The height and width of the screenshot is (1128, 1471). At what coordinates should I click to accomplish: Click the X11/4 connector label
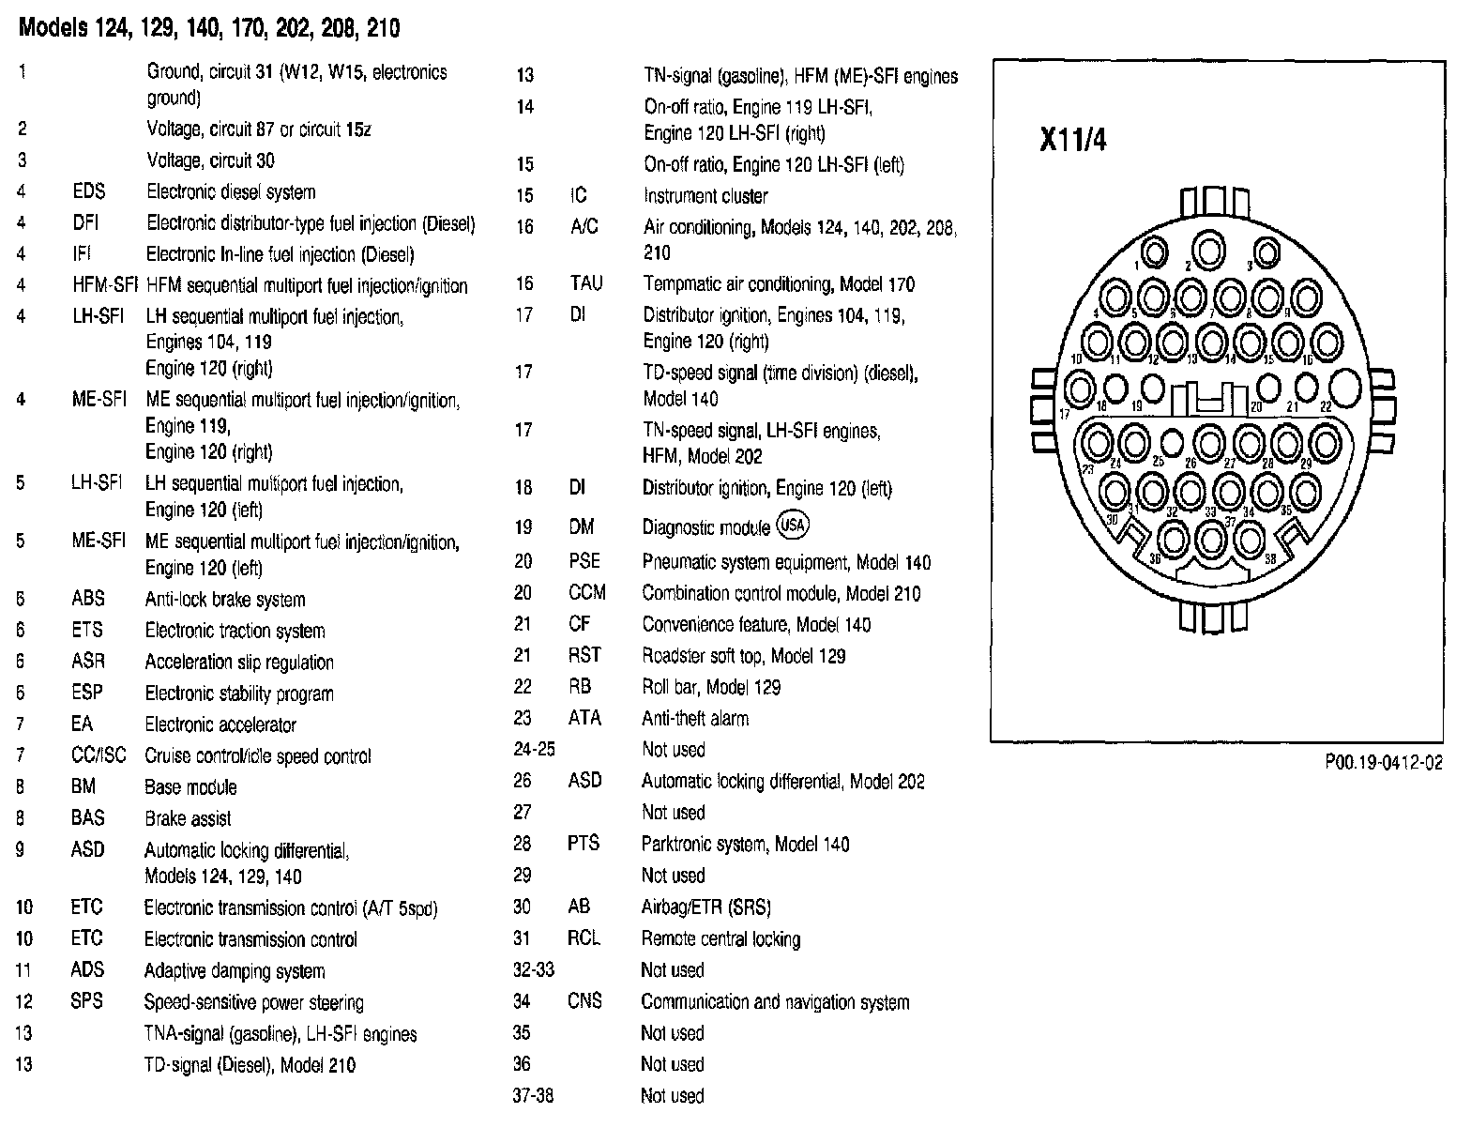point(1072,140)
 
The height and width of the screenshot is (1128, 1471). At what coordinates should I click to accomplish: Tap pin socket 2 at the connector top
point(1210,251)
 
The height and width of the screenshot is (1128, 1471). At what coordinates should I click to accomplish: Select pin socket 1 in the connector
point(1155,252)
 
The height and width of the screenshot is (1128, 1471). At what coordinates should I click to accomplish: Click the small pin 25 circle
point(1172,440)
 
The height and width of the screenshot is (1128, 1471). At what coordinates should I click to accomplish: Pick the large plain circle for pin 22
point(1343,386)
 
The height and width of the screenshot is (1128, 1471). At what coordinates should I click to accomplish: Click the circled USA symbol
point(793,526)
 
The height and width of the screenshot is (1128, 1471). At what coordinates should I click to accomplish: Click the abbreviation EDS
point(89,192)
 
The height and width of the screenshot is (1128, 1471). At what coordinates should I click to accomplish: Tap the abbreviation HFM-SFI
point(99,285)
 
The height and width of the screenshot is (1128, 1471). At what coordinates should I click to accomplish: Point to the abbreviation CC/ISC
point(98,755)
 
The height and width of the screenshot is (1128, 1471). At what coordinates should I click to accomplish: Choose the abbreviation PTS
point(583,844)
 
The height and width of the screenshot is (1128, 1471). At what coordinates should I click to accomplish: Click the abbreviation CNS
point(584,1001)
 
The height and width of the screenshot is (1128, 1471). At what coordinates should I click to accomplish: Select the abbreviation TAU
point(585,283)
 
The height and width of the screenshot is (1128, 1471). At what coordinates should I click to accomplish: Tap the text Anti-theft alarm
point(694,719)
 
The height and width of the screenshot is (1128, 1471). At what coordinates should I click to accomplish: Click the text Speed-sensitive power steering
point(253,1002)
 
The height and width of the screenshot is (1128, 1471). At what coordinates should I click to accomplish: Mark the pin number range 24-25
point(534,750)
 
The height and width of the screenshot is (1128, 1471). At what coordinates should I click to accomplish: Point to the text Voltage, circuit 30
point(210,160)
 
